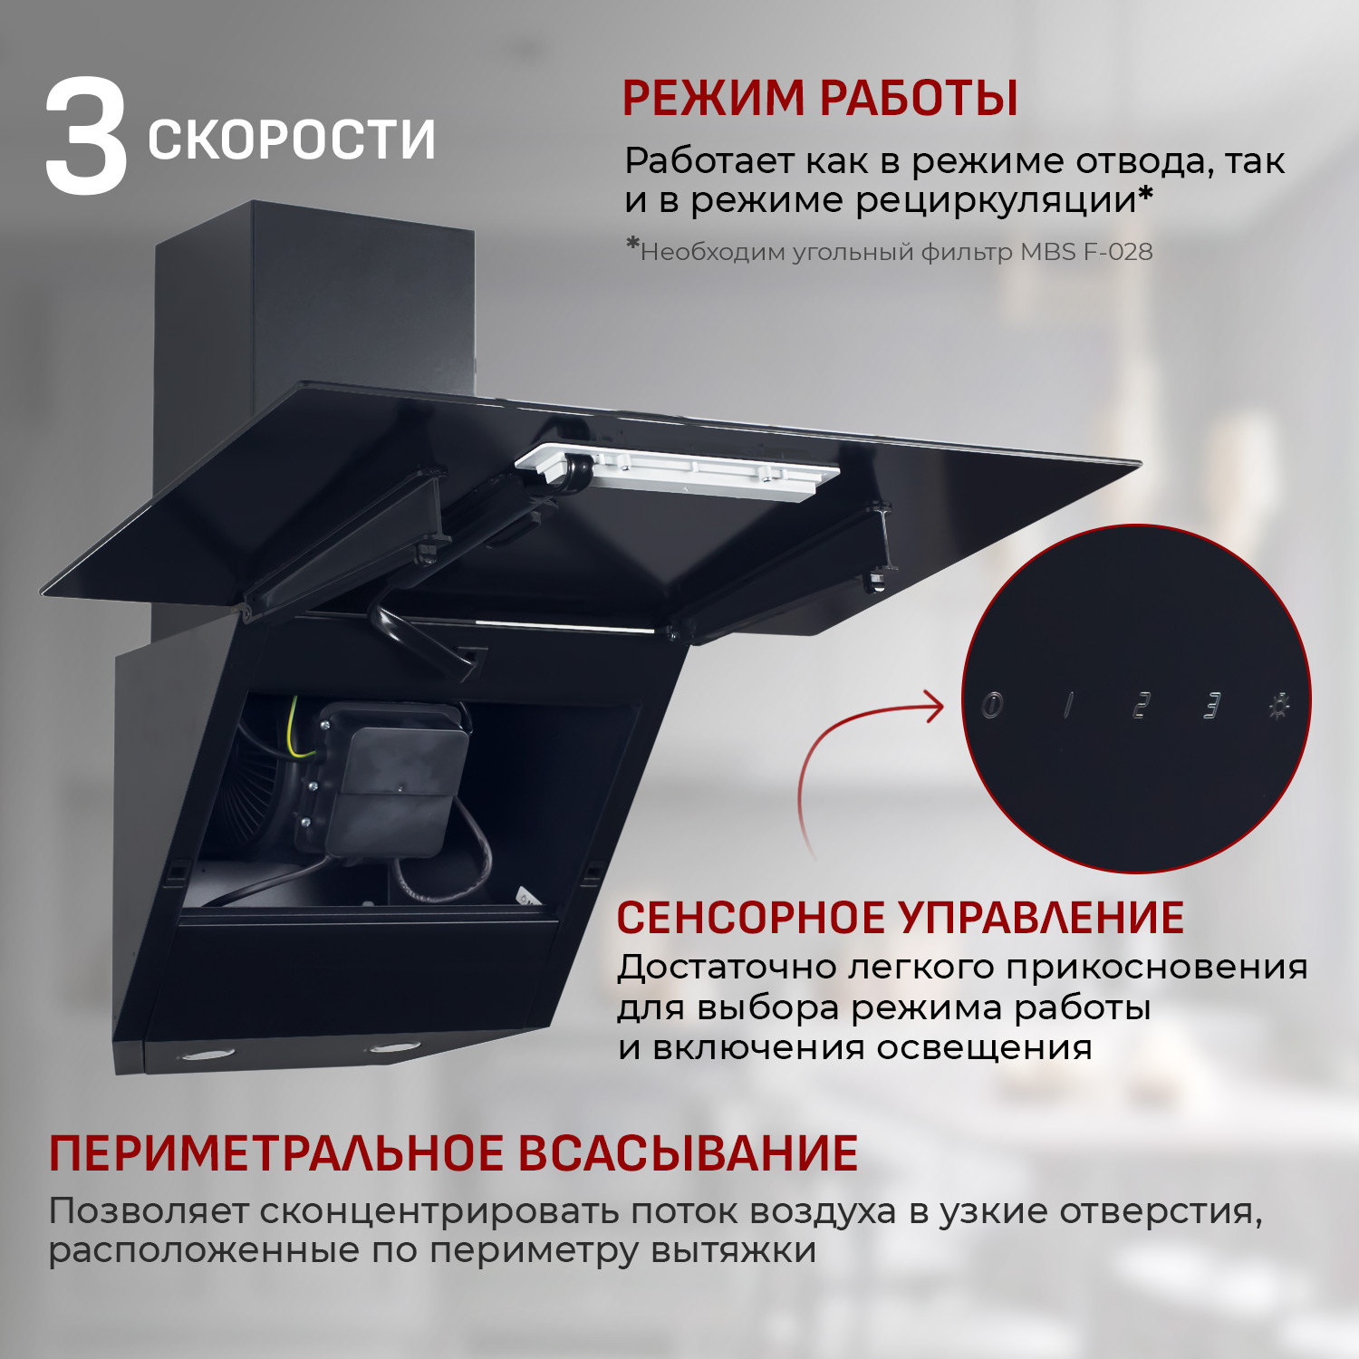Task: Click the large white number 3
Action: click(86, 138)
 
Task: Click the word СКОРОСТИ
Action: click(292, 140)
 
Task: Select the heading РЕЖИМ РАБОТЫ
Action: click(820, 98)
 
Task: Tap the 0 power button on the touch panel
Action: click(992, 705)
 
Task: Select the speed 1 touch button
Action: click(1068, 705)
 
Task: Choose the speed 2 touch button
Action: click(1142, 705)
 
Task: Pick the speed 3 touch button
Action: click(1211, 705)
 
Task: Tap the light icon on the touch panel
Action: click(1278, 705)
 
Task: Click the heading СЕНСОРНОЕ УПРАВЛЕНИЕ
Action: click(901, 917)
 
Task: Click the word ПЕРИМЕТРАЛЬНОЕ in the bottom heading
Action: click(276, 1153)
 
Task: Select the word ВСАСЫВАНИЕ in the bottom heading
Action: click(689, 1153)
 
